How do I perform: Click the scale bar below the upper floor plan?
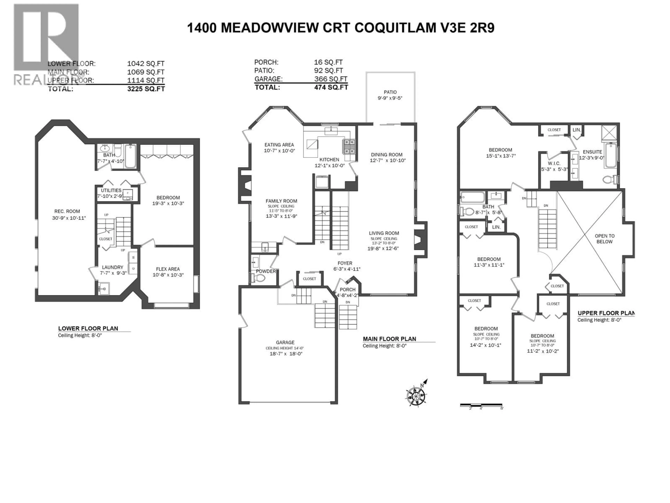coord(481,405)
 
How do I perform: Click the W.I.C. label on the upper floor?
coord(554,163)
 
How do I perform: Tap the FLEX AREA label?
coord(168,269)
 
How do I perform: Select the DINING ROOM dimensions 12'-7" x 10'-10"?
coord(387,160)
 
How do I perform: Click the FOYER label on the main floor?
coord(345,263)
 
